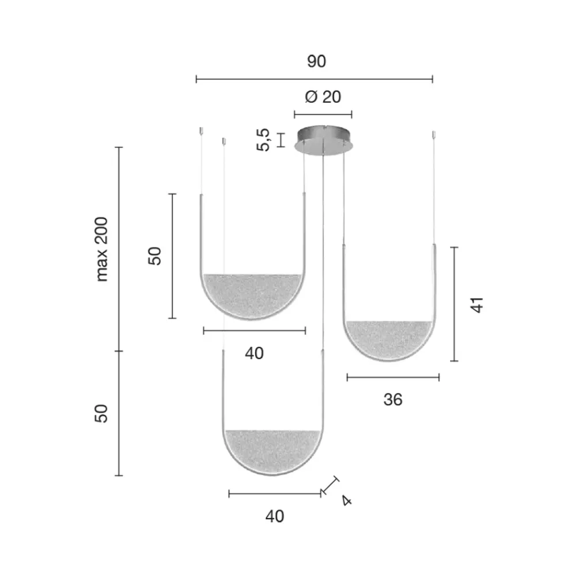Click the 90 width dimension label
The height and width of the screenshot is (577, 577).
pos(316,61)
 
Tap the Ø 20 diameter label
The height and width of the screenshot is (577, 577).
pos(323,97)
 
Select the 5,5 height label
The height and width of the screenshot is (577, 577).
pos(263,140)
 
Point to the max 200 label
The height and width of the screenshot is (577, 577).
pos(102,249)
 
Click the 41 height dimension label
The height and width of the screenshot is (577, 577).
pos(477,305)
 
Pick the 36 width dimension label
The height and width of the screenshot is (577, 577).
pos(392,400)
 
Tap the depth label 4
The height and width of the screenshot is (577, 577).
pos(346,500)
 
